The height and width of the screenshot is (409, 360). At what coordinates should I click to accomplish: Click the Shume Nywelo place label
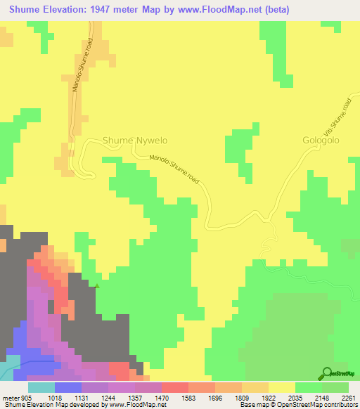135,141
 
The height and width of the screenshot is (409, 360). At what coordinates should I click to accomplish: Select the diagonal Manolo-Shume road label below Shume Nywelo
175,171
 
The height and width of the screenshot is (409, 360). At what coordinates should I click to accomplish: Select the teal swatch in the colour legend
41,387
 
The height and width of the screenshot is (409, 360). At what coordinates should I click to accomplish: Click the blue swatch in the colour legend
67,387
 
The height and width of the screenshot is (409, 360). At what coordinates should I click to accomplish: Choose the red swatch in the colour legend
174,387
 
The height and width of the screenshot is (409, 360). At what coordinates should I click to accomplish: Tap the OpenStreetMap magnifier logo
326,373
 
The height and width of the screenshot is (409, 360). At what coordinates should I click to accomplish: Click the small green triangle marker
97,285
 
